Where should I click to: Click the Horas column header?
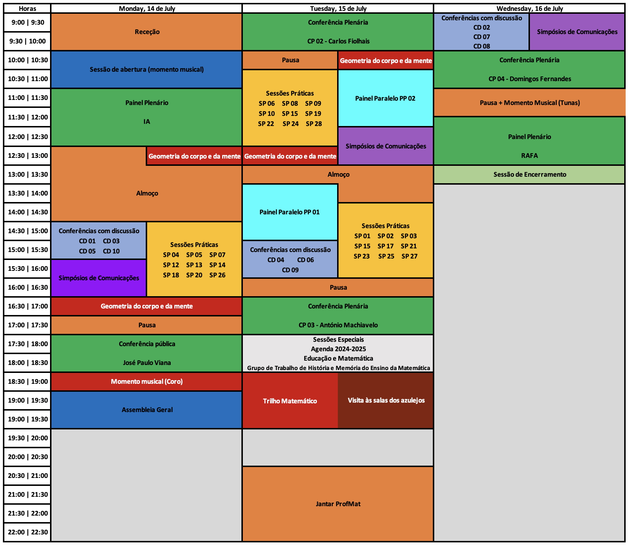coord(27,8)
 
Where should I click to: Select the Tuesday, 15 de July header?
coord(338,8)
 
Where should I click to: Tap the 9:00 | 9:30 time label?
coord(28,22)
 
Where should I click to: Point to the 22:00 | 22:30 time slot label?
coord(28,532)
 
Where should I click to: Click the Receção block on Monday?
coord(147,32)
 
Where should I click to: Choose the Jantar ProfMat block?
coord(338,504)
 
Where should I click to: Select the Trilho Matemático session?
coord(290,401)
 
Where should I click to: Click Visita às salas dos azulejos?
coord(386,400)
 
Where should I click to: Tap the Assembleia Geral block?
coord(147,410)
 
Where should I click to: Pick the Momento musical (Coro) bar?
coord(147,382)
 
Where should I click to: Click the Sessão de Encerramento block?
coord(529,175)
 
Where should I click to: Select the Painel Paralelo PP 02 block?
coord(385,98)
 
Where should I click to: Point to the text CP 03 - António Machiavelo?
coord(338,325)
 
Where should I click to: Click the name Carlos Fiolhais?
coord(349,41)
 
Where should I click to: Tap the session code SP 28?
coord(314,124)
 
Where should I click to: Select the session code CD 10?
coord(111,251)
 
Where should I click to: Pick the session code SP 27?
coord(409,256)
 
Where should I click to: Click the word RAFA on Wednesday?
coord(529,156)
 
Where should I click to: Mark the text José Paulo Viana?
coord(147,363)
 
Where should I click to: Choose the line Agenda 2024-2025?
coord(338,349)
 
